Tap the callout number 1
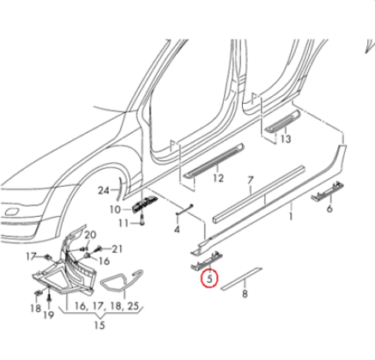coord(291,219)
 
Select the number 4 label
coord(176,229)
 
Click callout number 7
coord(251,181)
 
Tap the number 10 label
coord(115,209)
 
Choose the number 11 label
coord(121,224)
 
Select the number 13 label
coord(285,138)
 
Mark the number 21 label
coord(118,249)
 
